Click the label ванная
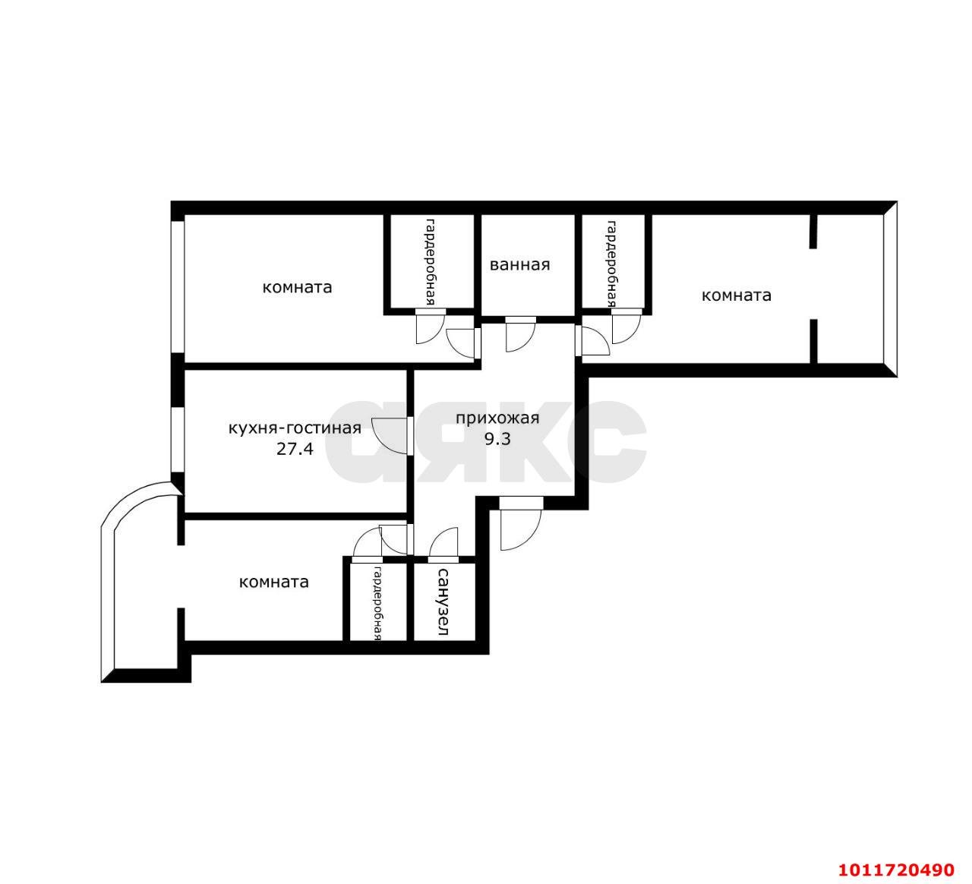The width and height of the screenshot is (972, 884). coord(519,265)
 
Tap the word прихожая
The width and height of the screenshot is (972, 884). coord(497,418)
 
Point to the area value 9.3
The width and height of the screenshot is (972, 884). coord(497,439)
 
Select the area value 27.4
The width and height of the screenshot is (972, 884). coord(295,449)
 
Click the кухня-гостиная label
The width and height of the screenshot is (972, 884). coord(295,428)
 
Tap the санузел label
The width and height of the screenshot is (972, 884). coord(443,601)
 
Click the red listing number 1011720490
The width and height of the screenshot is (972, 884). coord(896,870)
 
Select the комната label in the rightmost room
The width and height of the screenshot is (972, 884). coord(736,295)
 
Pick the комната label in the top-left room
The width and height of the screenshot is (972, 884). coord(297,287)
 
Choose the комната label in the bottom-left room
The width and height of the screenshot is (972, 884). coord(274,582)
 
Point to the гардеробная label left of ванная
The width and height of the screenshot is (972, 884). coord(430,262)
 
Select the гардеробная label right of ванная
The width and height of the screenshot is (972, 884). coord(611,264)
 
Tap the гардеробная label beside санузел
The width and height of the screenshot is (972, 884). coord(377,604)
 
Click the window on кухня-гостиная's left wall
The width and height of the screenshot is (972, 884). coord(178,440)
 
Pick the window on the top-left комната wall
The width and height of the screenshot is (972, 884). coord(178,287)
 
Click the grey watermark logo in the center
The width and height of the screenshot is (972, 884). coord(485,441)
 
